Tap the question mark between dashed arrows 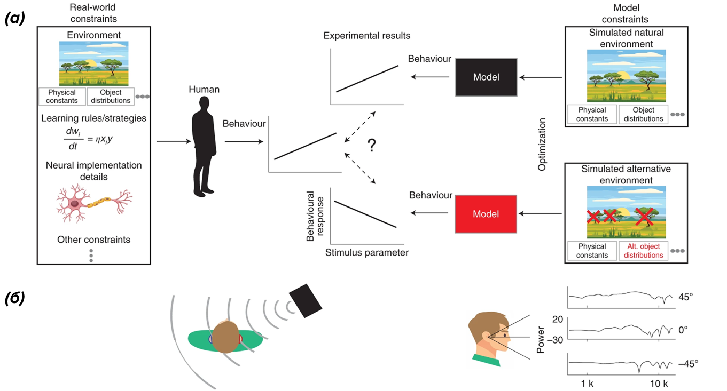(x=371, y=146)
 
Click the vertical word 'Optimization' (x=542, y=145)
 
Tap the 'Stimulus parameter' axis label (x=366, y=252)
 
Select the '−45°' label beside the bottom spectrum (x=687, y=363)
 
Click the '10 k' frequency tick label (x=659, y=384)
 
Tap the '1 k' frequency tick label (x=588, y=384)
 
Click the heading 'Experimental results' (x=366, y=36)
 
